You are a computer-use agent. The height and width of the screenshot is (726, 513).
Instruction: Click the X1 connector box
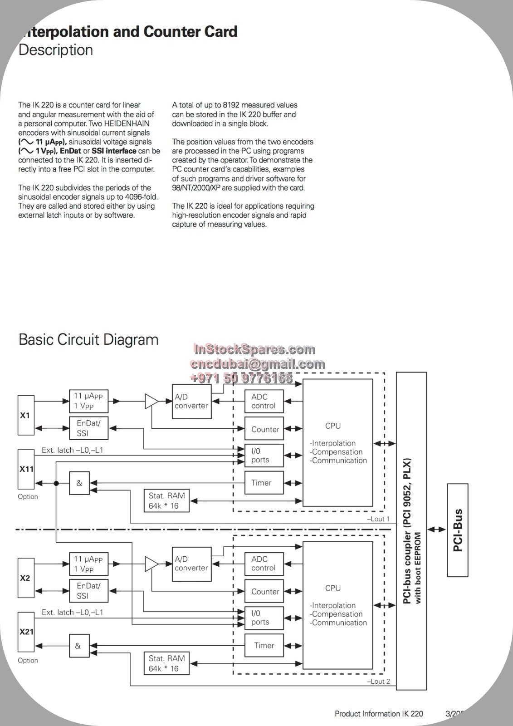tap(26, 415)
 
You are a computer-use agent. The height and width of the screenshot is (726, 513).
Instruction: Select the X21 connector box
tap(26, 632)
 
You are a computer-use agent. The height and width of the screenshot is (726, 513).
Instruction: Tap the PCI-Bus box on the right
tap(458, 530)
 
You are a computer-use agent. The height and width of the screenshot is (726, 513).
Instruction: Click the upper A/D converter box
tap(191, 401)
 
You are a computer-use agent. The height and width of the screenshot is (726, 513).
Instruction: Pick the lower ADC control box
tap(264, 564)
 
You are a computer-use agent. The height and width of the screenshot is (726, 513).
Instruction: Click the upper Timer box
tap(264, 483)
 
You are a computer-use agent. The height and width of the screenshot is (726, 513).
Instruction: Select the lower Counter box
tap(264, 591)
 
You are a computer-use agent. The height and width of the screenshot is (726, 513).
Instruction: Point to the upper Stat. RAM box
tap(166, 501)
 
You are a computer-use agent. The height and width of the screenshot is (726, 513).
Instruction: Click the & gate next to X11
tap(79, 483)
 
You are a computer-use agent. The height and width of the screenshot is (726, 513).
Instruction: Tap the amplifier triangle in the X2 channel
tap(151, 564)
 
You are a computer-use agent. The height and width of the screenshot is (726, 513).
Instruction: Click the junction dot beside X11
tap(56, 483)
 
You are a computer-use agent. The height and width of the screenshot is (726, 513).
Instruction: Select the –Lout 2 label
tap(378, 681)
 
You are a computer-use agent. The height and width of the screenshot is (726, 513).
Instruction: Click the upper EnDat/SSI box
tap(88, 428)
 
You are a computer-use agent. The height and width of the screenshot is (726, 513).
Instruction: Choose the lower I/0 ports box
tap(264, 618)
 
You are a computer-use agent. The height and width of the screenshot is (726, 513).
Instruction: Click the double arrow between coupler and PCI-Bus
tap(436, 530)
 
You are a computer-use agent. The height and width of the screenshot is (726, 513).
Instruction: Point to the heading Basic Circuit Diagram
tap(88, 340)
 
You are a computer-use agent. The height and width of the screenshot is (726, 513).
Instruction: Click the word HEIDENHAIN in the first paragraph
tap(127, 123)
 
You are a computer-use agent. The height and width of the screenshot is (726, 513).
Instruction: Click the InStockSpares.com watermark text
tap(254, 349)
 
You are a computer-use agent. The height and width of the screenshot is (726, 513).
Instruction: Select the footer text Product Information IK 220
tap(379, 713)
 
